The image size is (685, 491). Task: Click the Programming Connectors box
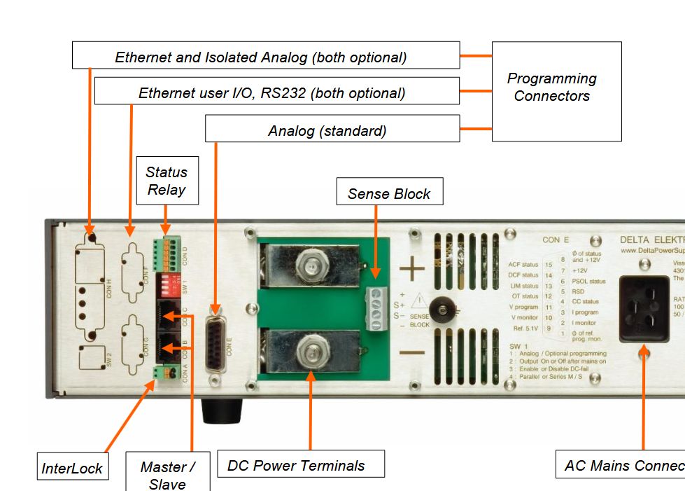[556, 90]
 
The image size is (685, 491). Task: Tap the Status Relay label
[167, 180]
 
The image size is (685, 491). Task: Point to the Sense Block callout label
[389, 193]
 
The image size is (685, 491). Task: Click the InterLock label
[72, 467]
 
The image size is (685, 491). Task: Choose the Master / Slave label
[167, 474]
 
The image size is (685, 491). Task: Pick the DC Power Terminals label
[301, 464]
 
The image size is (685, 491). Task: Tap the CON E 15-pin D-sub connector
[216, 343]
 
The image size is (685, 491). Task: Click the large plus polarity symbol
[412, 268]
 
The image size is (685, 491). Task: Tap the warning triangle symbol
[418, 302]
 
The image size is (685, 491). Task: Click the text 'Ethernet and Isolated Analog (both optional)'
[260, 57]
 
